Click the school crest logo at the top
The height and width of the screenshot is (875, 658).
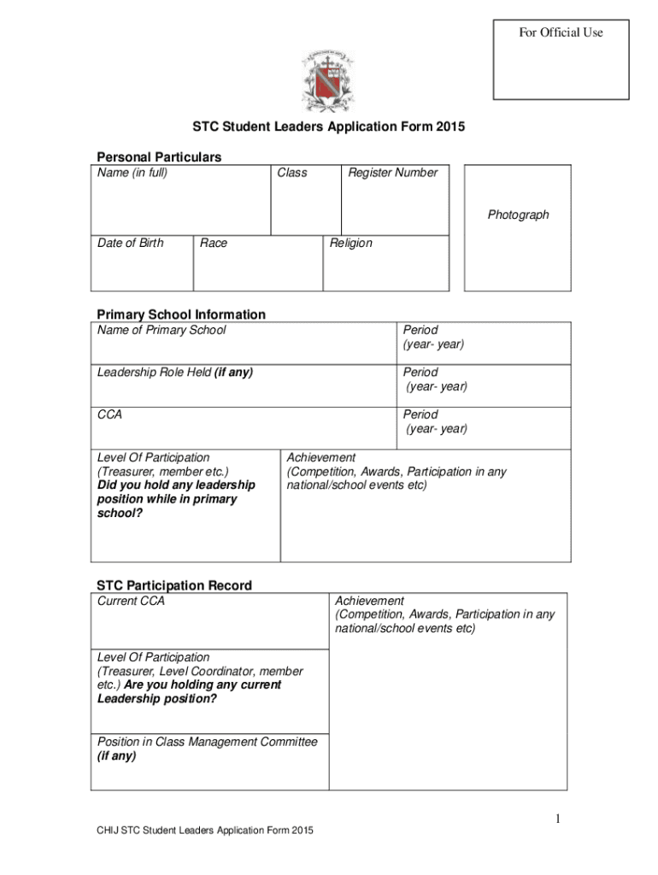pyautogui.click(x=329, y=82)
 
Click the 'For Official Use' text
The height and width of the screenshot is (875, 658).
pyautogui.click(x=561, y=32)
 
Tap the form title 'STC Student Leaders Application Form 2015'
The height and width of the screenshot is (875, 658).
pyautogui.click(x=328, y=127)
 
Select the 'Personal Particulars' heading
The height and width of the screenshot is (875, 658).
pyautogui.click(x=158, y=157)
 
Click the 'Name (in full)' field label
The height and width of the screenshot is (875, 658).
pyautogui.click(x=132, y=173)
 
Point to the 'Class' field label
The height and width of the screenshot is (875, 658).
pyautogui.click(x=292, y=173)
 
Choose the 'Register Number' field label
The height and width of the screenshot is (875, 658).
pyautogui.click(x=392, y=173)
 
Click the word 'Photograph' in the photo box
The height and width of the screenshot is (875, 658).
pyautogui.click(x=518, y=214)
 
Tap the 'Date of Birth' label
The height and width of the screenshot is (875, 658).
pyautogui.click(x=130, y=244)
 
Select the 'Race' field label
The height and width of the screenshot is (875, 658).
pyautogui.click(x=214, y=244)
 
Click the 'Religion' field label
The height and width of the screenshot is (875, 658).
pyautogui.click(x=351, y=244)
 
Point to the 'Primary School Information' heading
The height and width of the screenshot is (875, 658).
pyautogui.click(x=180, y=314)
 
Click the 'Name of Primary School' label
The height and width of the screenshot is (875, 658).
pyautogui.click(x=162, y=330)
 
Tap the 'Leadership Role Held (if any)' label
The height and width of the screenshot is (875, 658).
pyautogui.click(x=175, y=373)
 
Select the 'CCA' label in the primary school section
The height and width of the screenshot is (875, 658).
pyautogui.click(x=109, y=414)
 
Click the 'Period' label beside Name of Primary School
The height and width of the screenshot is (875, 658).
pyautogui.click(x=420, y=330)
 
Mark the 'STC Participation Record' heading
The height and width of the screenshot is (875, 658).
pyautogui.click(x=173, y=585)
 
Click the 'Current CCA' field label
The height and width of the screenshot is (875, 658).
pyautogui.click(x=131, y=601)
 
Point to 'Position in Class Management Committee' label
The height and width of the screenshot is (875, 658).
pyautogui.click(x=207, y=742)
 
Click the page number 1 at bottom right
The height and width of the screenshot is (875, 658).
pyautogui.click(x=556, y=820)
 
